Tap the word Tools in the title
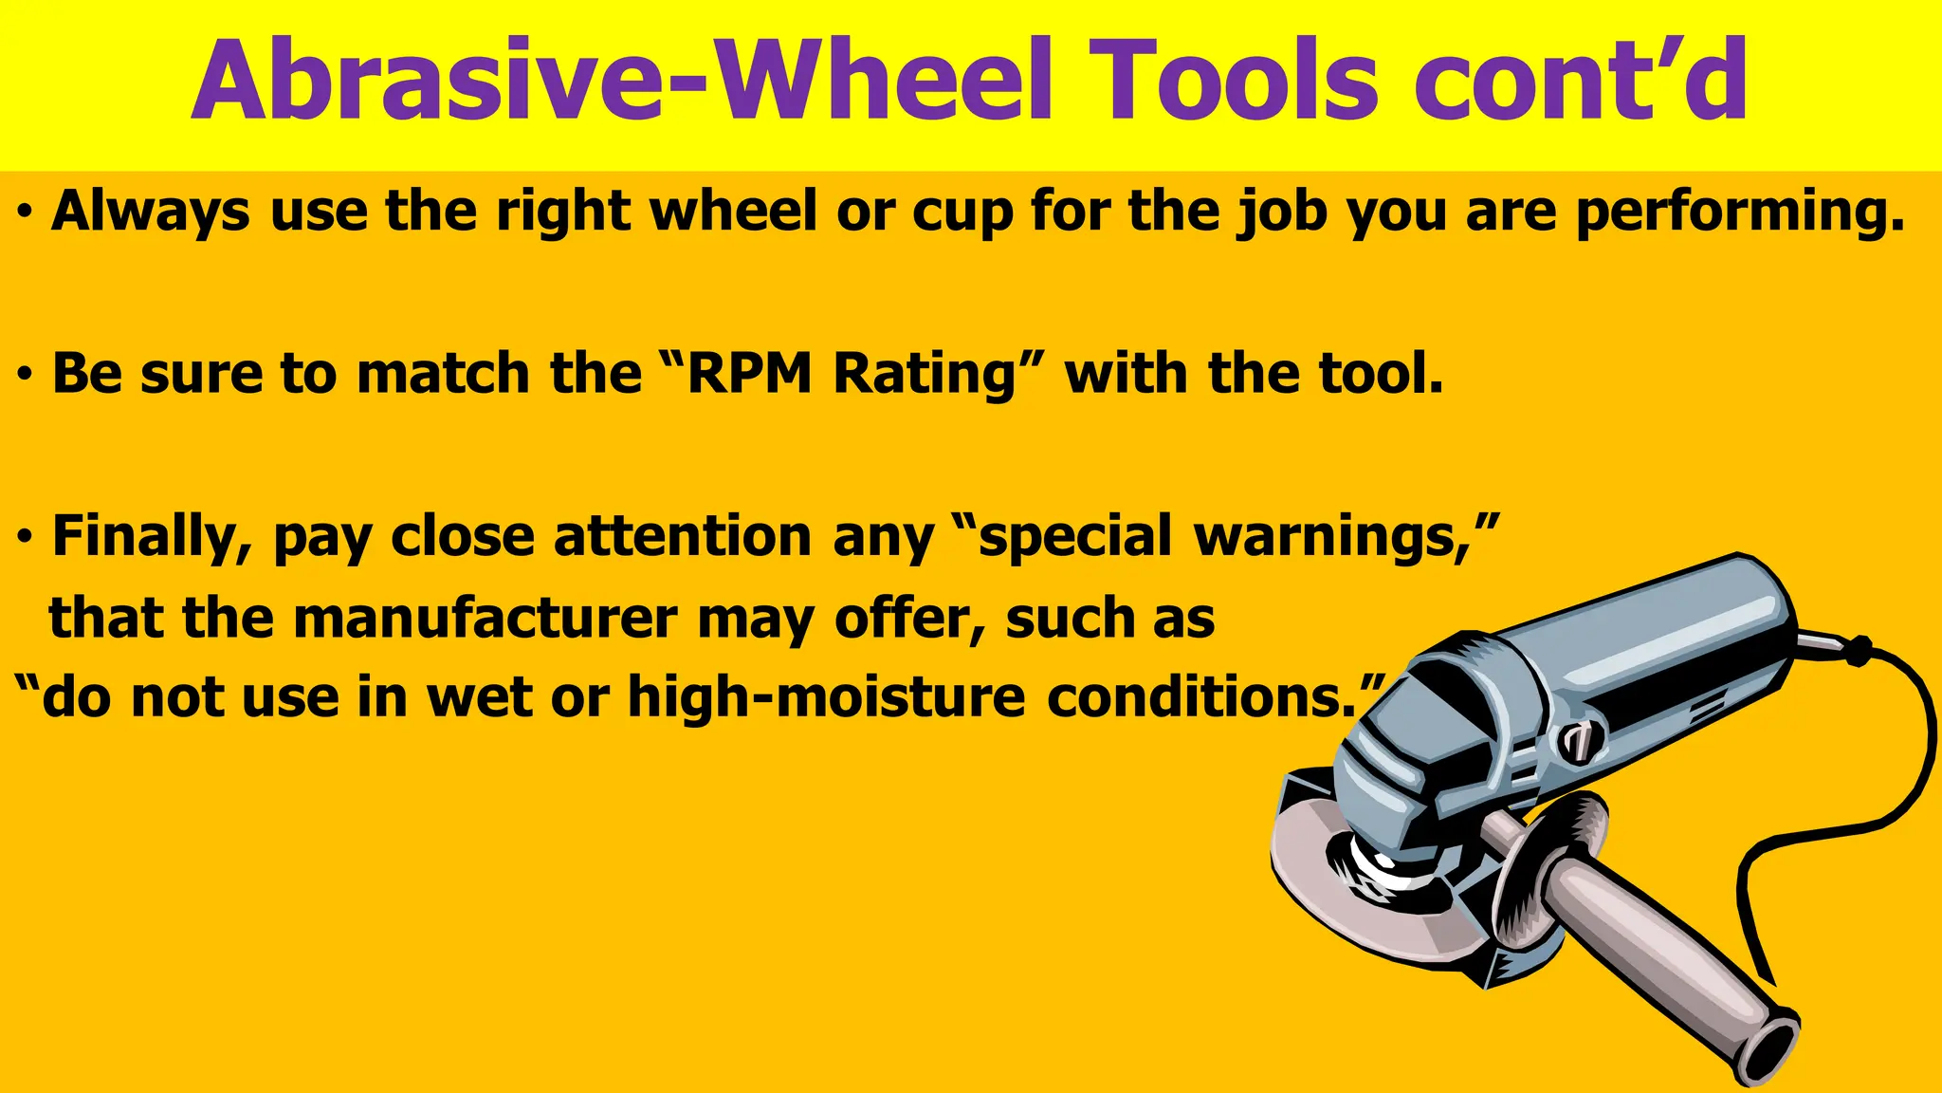1233,83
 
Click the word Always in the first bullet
152,213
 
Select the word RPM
749,374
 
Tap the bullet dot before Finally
26,539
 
